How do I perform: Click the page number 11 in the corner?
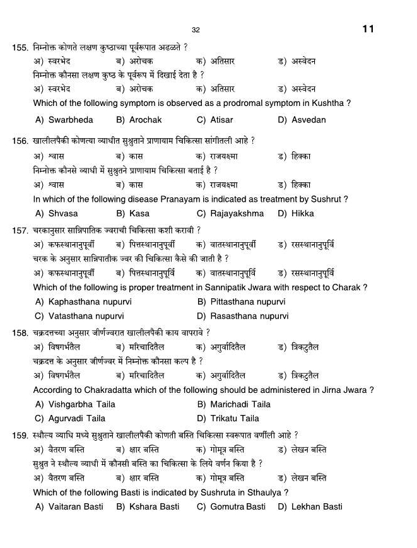(368, 29)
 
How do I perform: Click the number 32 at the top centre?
(196, 30)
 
